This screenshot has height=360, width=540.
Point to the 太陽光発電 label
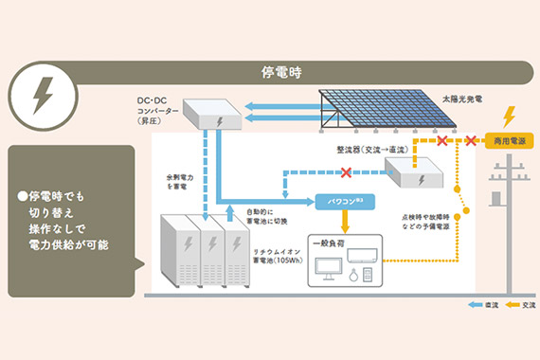[462, 99]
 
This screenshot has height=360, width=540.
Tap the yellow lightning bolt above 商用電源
[509, 117]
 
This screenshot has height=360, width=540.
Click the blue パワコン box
[344, 202]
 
